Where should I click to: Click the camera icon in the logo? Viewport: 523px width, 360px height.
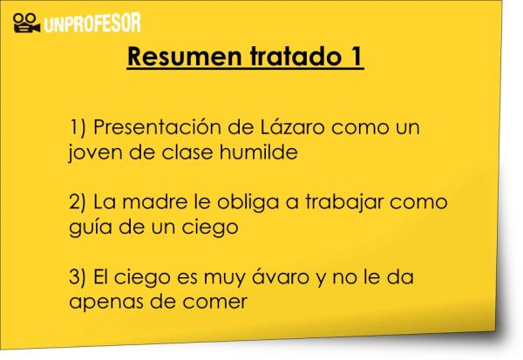[x=26, y=23]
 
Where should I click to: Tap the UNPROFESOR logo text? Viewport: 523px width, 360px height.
[x=92, y=23]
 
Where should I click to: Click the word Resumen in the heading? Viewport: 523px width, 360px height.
[x=184, y=57]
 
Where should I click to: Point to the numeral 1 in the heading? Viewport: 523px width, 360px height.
[x=356, y=57]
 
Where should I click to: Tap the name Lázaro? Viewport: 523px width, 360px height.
[x=292, y=126]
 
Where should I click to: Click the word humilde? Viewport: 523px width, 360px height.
[x=259, y=152]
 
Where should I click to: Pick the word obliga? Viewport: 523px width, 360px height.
[x=248, y=203]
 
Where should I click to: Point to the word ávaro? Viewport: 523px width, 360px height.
[x=280, y=276]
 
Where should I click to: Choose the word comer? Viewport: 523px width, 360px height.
[x=214, y=302]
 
